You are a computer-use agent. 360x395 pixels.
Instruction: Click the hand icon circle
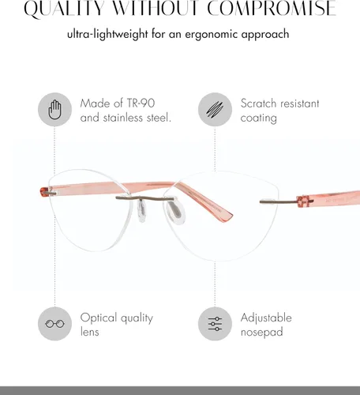coord(54,109)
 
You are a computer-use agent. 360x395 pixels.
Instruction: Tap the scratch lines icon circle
coord(215,109)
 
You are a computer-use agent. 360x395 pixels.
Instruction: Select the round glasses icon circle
coord(54,324)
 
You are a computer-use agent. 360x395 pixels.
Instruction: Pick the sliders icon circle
coord(215,324)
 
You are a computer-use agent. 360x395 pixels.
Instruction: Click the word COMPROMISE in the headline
coord(272,9)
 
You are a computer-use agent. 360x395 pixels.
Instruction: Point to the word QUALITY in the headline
coord(64,9)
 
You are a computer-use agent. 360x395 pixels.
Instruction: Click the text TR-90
coord(141,103)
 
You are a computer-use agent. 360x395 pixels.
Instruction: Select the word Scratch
coord(258,103)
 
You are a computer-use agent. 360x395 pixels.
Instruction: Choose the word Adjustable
coord(266,318)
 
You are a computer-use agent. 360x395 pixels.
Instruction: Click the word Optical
coord(99,318)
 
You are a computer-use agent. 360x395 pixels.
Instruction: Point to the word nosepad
coord(262,332)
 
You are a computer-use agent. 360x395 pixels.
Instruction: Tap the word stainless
coord(123,118)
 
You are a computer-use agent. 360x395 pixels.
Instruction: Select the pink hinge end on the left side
coord(44,192)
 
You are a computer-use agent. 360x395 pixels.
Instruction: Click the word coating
coord(258,118)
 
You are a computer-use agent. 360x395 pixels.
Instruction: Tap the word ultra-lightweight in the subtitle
coord(107,35)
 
